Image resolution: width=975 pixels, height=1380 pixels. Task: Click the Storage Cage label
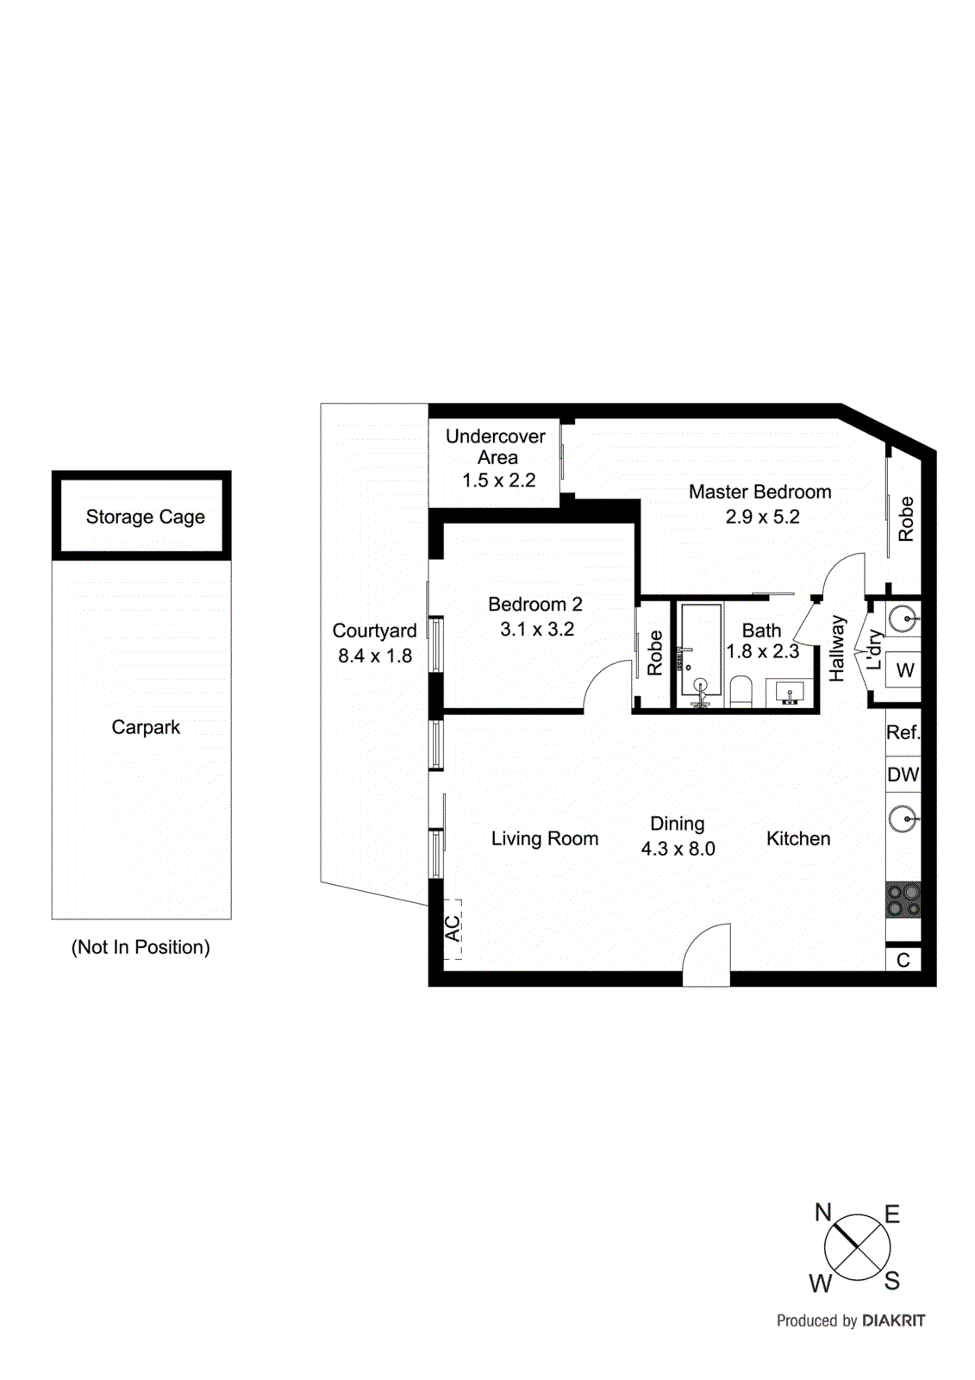pyautogui.click(x=145, y=517)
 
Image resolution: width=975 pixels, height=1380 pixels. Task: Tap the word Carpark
pyautogui.click(x=146, y=727)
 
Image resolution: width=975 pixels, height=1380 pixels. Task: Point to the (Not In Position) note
pyautogui.click(x=141, y=947)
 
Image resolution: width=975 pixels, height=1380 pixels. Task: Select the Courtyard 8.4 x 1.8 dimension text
pyautogui.click(x=375, y=655)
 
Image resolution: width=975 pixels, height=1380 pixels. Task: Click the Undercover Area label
pyautogui.click(x=496, y=447)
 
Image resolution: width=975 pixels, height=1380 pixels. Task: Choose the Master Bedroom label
pyautogui.click(x=759, y=492)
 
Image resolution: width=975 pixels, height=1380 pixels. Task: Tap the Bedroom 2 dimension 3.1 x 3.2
pyautogui.click(x=536, y=629)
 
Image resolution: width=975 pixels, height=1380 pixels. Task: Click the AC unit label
pyautogui.click(x=453, y=928)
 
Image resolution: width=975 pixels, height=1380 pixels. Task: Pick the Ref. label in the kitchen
pyautogui.click(x=903, y=732)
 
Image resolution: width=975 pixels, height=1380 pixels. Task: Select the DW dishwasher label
pyautogui.click(x=903, y=775)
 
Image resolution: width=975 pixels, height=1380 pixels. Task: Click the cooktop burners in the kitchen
pyautogui.click(x=903, y=900)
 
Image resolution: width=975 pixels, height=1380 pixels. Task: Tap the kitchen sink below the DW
pyautogui.click(x=903, y=819)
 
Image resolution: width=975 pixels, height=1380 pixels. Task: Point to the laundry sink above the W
pyautogui.click(x=903, y=618)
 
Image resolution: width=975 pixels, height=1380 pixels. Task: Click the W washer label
pyautogui.click(x=904, y=670)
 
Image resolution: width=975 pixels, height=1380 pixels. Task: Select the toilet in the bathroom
pyautogui.click(x=741, y=692)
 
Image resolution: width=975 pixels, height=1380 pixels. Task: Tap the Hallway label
pyautogui.click(x=837, y=648)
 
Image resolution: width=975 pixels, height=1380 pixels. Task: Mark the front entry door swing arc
pyautogui.click(x=705, y=953)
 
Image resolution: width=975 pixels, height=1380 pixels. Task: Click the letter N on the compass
pyautogui.click(x=822, y=1213)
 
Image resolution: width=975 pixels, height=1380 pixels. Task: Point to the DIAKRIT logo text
pyautogui.click(x=893, y=1320)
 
